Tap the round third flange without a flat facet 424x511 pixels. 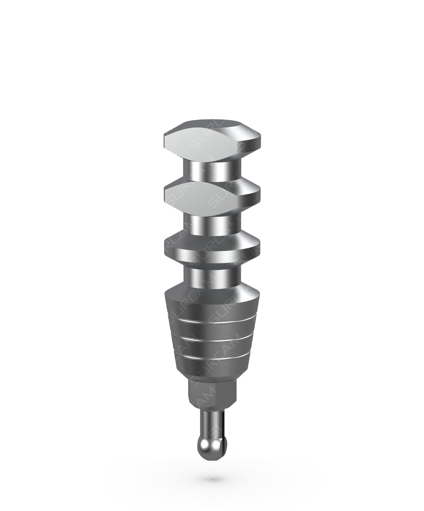click(x=212, y=248)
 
